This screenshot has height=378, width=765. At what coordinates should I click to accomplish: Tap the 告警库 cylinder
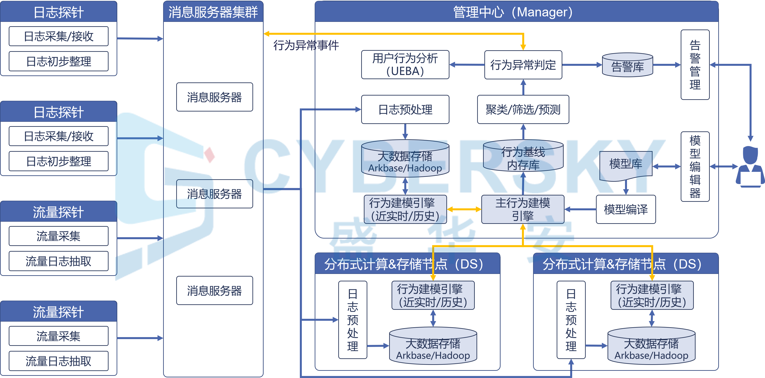click(627, 65)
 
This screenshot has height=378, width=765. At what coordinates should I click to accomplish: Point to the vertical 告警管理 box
click(695, 64)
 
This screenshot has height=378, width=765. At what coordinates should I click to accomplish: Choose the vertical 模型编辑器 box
click(695, 167)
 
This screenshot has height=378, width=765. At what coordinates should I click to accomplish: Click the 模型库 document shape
click(626, 164)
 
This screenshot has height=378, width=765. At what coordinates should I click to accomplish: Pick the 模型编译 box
click(626, 209)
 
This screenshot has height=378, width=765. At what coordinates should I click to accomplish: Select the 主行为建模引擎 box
click(523, 209)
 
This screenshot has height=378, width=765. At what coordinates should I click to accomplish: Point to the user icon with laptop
click(750, 167)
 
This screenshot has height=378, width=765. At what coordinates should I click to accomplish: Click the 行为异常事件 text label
click(306, 45)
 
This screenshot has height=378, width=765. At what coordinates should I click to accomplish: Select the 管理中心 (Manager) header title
click(513, 12)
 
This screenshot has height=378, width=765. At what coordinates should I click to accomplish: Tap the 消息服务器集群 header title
click(213, 12)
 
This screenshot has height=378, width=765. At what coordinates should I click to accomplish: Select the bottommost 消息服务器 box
click(214, 291)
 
